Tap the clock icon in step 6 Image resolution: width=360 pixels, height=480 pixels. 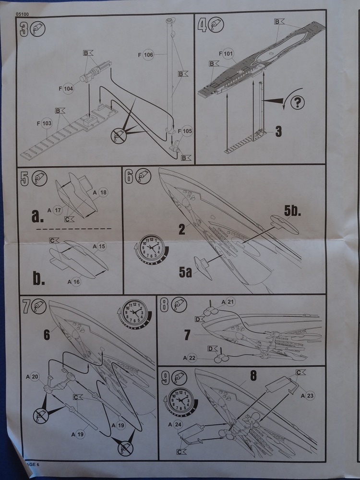pos(153,248)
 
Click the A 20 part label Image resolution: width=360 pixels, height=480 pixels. pos(34,376)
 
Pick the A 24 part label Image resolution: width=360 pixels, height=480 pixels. pos(175,424)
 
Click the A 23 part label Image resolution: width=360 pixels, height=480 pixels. pos(307,396)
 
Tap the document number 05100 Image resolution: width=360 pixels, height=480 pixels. pos(22,15)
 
